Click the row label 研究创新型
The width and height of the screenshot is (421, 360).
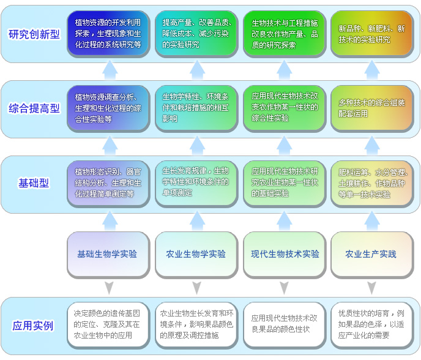(x=34, y=34)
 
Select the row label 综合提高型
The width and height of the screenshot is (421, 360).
(x=34, y=108)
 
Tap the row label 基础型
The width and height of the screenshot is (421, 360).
(x=34, y=182)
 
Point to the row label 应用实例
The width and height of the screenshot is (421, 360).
(x=33, y=326)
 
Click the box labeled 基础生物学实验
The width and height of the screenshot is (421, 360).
(x=108, y=253)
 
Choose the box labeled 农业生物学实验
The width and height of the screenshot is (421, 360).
(x=196, y=253)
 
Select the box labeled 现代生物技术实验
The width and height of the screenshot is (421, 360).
(x=285, y=253)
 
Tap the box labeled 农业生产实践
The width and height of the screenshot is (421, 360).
(x=371, y=253)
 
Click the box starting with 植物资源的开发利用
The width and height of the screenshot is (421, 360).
(x=108, y=34)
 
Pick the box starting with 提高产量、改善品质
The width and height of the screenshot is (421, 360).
(x=196, y=34)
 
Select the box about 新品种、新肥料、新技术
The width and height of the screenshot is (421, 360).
(x=371, y=34)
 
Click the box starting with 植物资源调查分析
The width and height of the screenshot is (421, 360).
(x=108, y=108)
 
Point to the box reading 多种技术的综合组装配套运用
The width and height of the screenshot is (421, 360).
(x=371, y=108)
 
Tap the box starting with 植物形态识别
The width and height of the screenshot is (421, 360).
(x=108, y=182)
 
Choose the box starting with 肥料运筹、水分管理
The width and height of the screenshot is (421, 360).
(x=371, y=182)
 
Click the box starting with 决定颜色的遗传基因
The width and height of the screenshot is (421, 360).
(x=108, y=326)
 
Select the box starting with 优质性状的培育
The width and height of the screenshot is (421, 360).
(x=371, y=326)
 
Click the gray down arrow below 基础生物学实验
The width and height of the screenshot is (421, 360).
(x=109, y=287)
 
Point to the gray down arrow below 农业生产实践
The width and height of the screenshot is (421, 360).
(x=372, y=287)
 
